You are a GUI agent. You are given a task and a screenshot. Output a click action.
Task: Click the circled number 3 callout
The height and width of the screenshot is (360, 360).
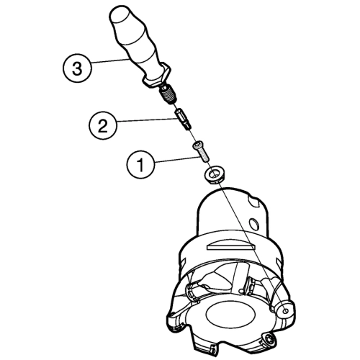tap(77, 68)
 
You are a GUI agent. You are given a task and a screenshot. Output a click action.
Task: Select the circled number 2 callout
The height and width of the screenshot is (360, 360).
tap(103, 125)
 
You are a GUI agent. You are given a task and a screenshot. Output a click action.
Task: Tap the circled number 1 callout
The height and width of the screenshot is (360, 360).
tap(140, 164)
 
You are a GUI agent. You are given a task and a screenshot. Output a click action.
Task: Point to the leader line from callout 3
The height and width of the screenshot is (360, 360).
tap(110, 60)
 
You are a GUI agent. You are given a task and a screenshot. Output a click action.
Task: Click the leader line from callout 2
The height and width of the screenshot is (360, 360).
tap(146, 121)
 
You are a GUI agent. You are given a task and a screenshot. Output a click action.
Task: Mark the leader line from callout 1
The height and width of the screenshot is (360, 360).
tap(177, 160)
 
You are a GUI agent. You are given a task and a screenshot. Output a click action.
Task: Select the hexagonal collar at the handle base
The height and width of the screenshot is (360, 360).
tap(157, 76)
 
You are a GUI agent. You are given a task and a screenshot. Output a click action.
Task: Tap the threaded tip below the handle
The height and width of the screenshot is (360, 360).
tap(168, 96)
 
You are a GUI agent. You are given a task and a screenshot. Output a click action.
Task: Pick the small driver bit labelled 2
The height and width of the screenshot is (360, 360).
tap(184, 119)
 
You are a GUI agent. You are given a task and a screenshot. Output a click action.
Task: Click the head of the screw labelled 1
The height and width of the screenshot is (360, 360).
tap(198, 145)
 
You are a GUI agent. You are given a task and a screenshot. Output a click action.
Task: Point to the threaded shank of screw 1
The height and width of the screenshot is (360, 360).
tap(204, 156)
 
